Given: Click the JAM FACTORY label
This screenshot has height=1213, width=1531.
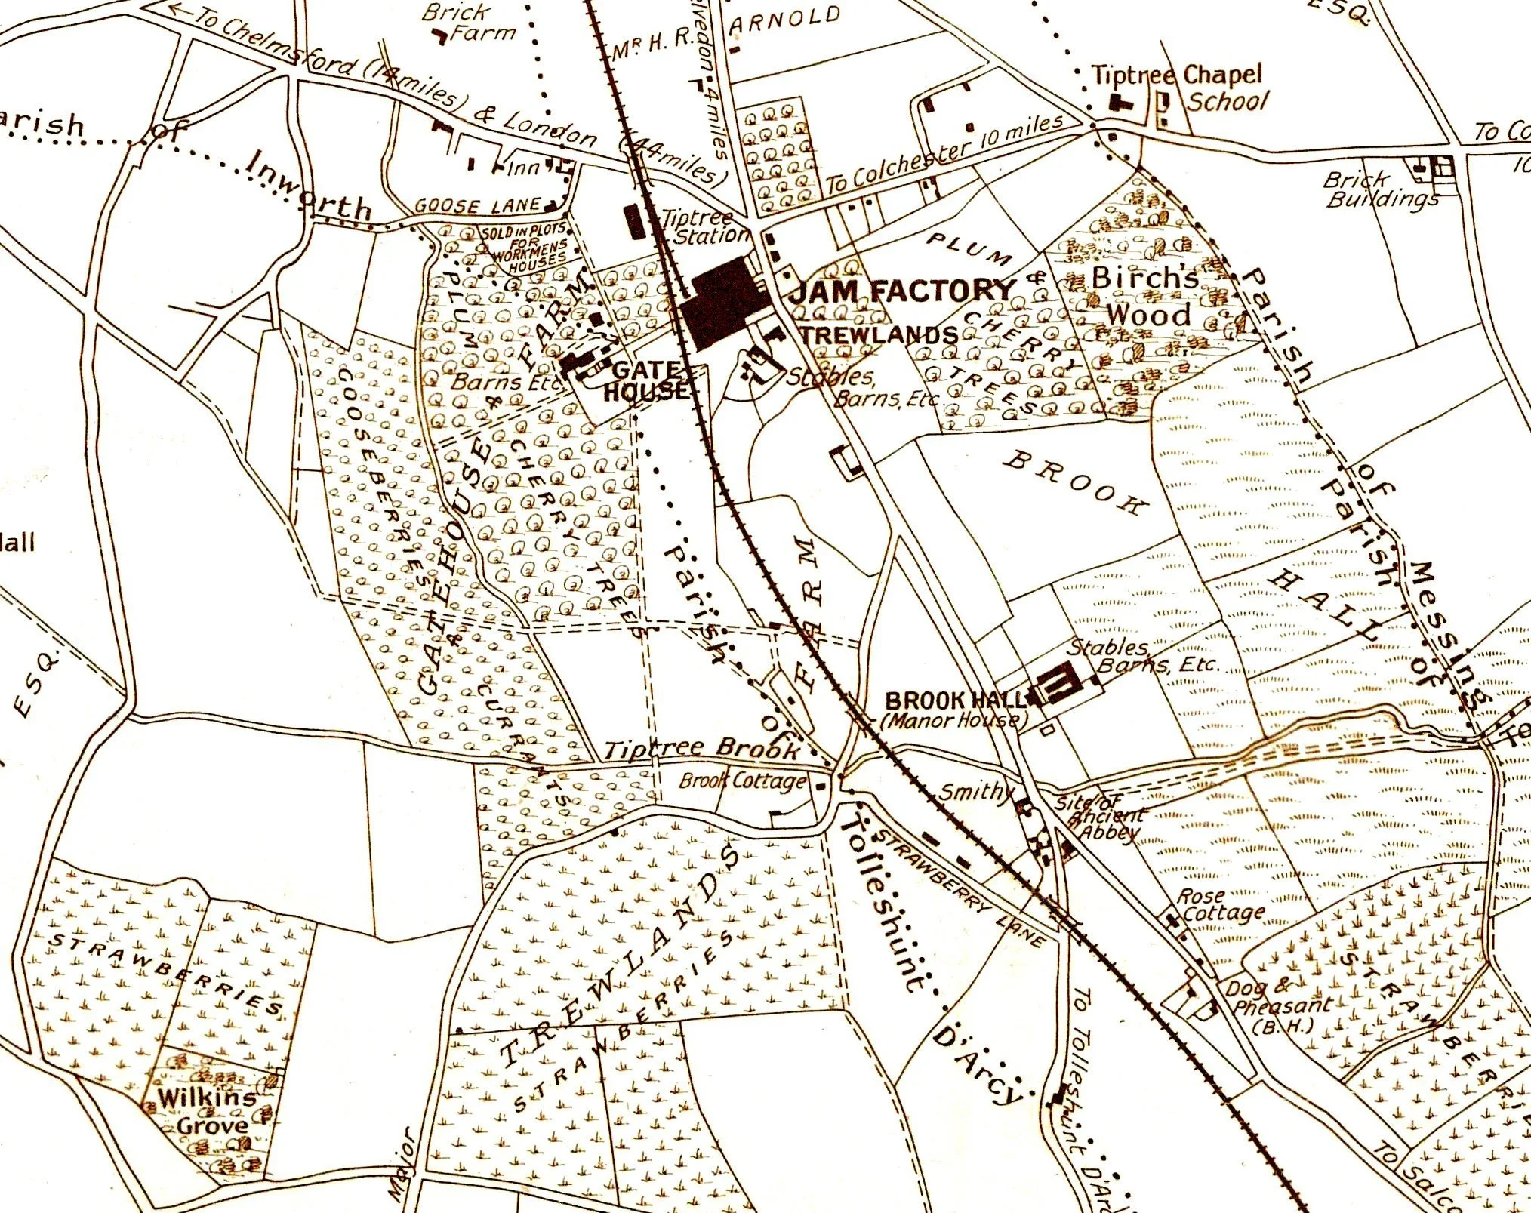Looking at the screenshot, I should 903,290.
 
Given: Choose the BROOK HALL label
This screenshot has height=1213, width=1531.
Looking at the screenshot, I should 955,700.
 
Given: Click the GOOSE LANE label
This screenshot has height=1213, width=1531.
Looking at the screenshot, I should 477,205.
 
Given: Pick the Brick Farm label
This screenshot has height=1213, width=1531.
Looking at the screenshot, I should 469,23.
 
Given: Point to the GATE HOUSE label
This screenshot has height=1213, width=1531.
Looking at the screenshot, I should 646,380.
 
